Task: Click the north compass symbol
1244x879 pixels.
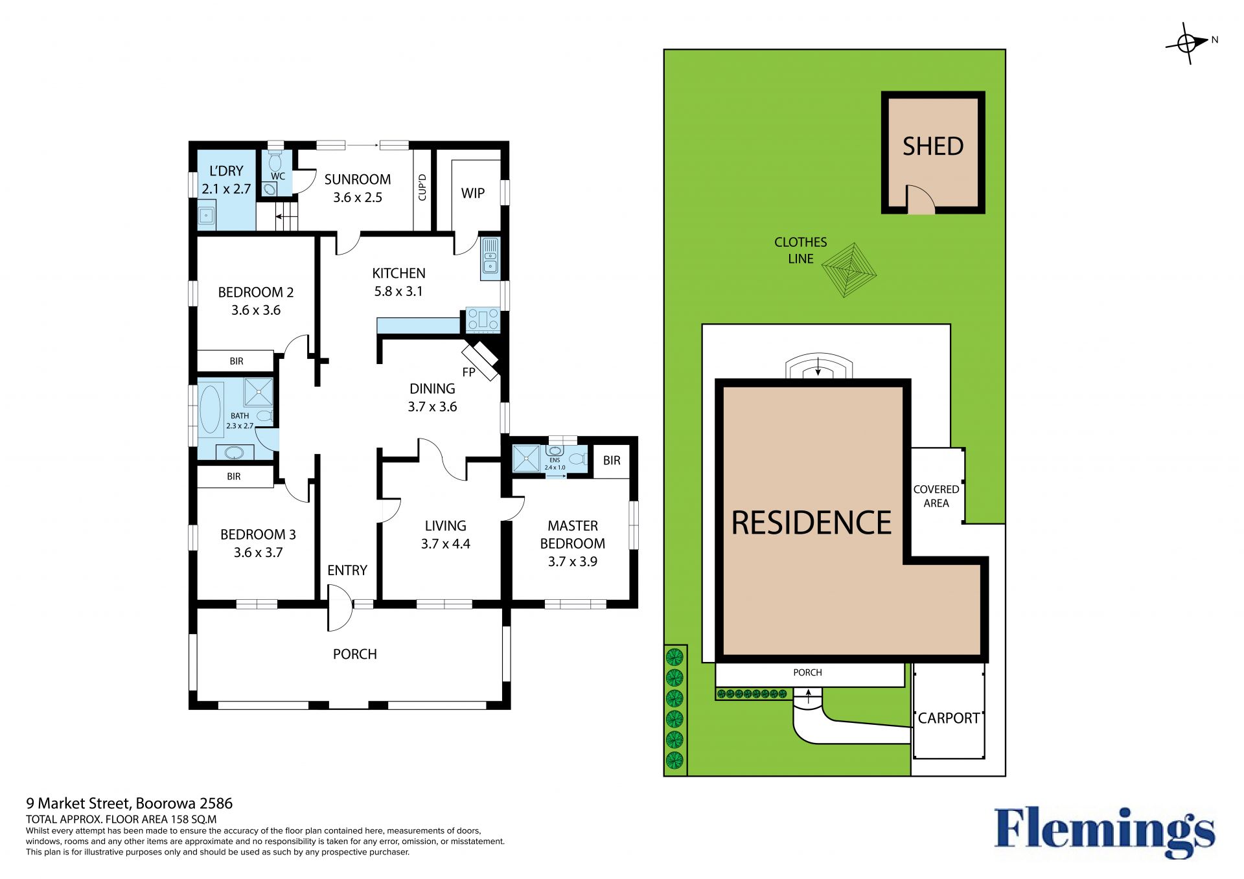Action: point(1188,43)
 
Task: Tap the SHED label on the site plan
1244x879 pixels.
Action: point(933,146)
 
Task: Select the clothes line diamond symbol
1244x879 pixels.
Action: point(849,270)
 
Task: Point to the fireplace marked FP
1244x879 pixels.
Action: point(480,361)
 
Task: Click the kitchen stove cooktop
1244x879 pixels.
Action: point(483,320)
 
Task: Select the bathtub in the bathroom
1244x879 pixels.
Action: point(210,409)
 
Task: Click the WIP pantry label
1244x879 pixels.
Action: point(473,193)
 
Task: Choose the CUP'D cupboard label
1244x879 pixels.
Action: point(422,187)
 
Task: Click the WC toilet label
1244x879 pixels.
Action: point(278,176)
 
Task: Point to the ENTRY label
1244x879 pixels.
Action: point(347,570)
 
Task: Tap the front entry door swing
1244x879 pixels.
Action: point(340,608)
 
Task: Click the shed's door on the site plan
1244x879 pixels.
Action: point(920,199)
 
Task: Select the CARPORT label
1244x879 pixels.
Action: point(949,718)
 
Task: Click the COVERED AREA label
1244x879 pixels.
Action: point(936,496)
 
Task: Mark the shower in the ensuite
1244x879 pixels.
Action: point(526,459)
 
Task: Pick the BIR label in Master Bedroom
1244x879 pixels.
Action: point(612,461)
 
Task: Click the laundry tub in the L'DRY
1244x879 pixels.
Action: point(207,215)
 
